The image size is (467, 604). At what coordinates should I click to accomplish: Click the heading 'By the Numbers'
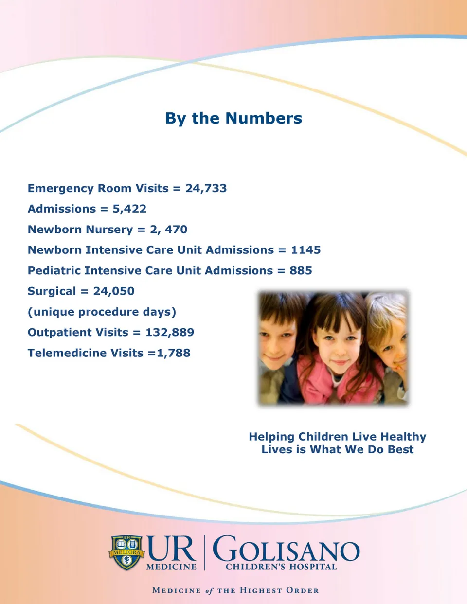[233, 118]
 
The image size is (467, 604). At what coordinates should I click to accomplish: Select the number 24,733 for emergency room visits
[206, 188]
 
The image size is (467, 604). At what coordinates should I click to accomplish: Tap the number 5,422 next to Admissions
[129, 209]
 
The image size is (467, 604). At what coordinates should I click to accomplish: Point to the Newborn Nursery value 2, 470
[168, 230]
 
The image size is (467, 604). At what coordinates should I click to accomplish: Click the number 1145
[305, 250]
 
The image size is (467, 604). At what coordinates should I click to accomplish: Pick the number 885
[301, 271]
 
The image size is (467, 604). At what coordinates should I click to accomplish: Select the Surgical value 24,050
[114, 291]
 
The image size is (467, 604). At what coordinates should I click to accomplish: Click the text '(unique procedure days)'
[102, 312]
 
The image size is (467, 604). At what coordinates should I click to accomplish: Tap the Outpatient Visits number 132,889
[170, 333]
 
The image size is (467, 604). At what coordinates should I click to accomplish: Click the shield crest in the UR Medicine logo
[126, 552]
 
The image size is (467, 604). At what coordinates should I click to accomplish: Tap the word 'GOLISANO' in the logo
[286, 550]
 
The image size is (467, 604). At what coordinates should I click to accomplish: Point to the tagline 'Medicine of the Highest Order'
[235, 590]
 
